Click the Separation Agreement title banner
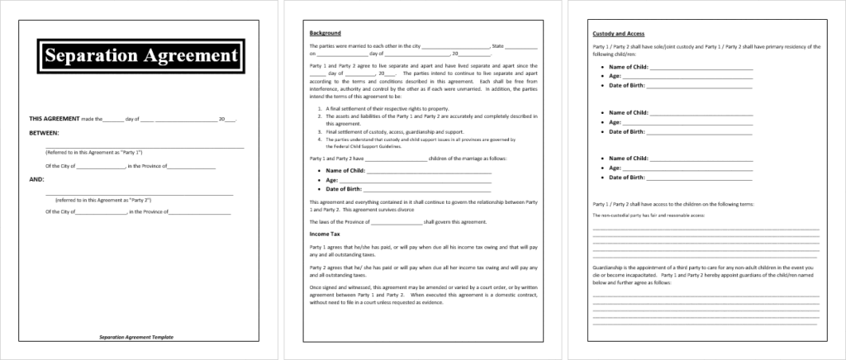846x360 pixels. [x=140, y=57]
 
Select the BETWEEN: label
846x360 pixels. [x=45, y=132]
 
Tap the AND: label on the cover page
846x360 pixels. [x=36, y=178]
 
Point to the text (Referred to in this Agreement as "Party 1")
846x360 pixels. [x=93, y=154]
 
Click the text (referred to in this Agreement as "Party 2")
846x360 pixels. [x=98, y=200]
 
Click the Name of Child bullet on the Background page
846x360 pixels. [x=345, y=170]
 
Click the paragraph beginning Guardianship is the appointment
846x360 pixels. [x=706, y=274]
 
